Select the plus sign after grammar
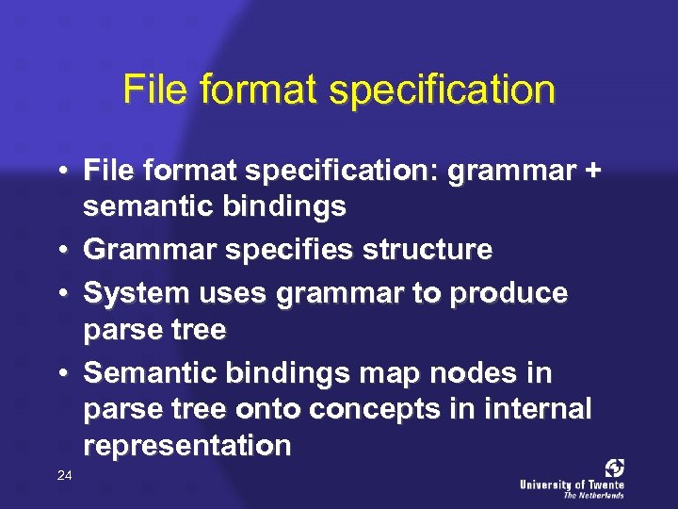tap(590, 171)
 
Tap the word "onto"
tap(276, 410)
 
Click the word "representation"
tap(187, 446)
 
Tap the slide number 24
tap(64, 476)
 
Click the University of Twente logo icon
tap(615, 468)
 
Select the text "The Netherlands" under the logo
tap(593, 495)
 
